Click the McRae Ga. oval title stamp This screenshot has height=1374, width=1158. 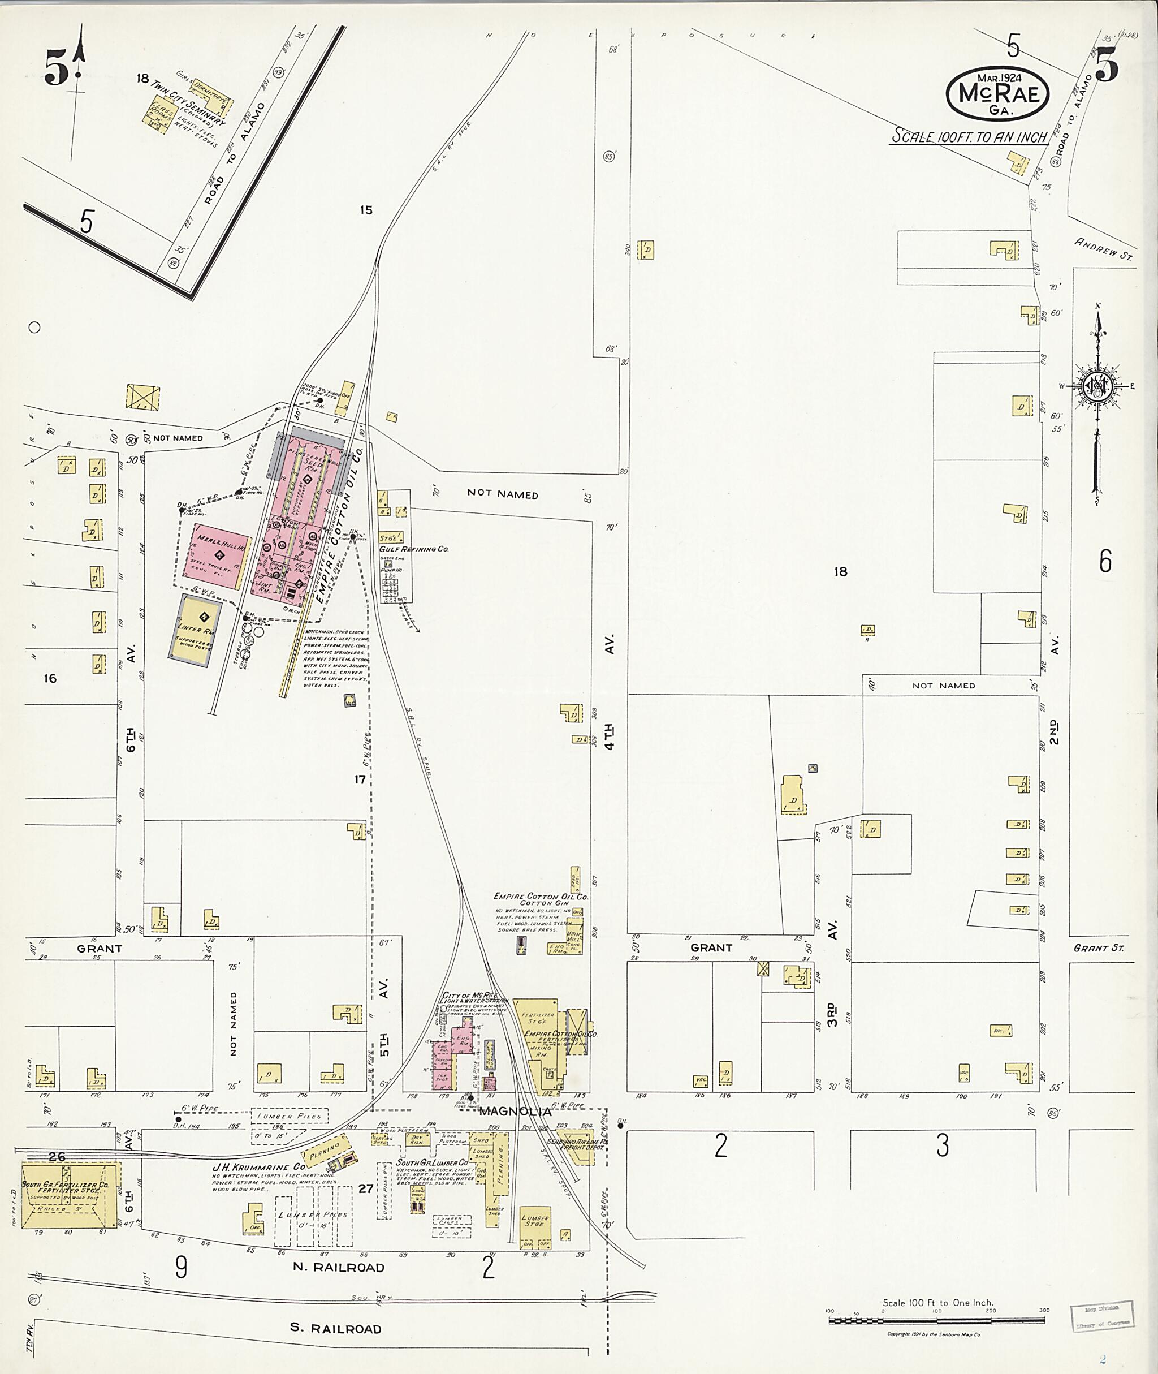point(998,94)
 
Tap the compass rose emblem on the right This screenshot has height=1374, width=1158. point(1096,386)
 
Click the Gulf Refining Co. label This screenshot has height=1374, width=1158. point(413,549)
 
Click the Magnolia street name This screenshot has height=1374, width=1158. point(514,1112)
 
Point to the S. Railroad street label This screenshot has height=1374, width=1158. point(335,1328)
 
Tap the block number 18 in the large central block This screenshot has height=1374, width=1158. point(841,571)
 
